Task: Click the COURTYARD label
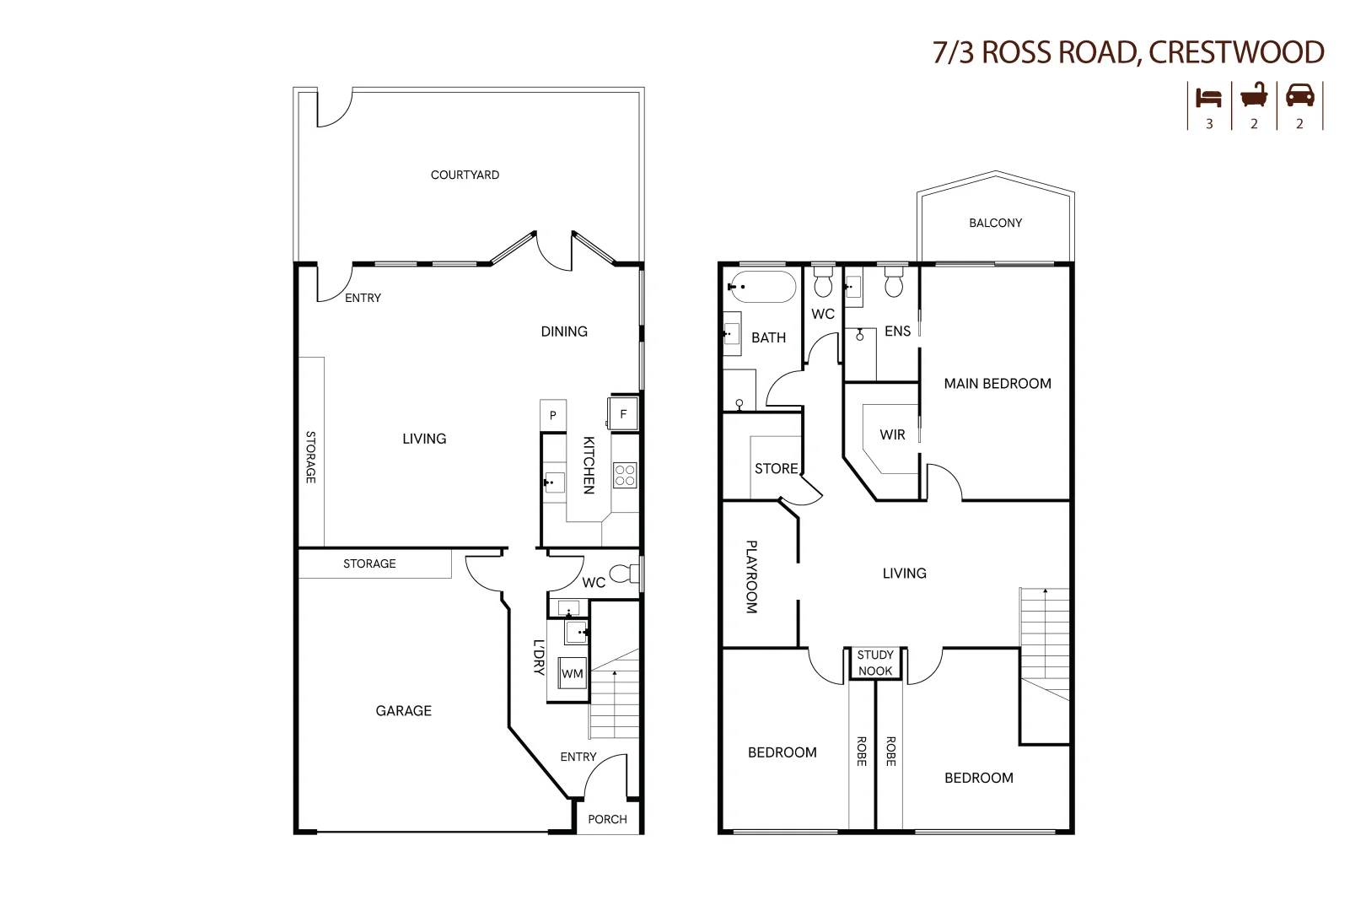pos(465,175)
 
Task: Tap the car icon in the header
pos(1299,96)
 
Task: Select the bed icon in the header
pos(1208,97)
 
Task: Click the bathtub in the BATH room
pos(762,287)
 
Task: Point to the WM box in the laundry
pos(573,673)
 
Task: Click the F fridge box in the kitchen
pos(623,414)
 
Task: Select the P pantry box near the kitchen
pos(552,415)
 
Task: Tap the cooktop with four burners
pos(625,475)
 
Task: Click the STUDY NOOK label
pos(875,663)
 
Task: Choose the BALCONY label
pos(995,223)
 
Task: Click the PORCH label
pos(607,819)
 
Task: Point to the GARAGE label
pos(403,711)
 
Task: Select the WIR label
pos(892,435)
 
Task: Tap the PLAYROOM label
pos(751,577)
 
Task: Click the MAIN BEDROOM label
pos(998,384)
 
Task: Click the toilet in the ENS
pos(894,283)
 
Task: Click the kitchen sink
pos(554,482)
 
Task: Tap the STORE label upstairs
pos(776,469)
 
